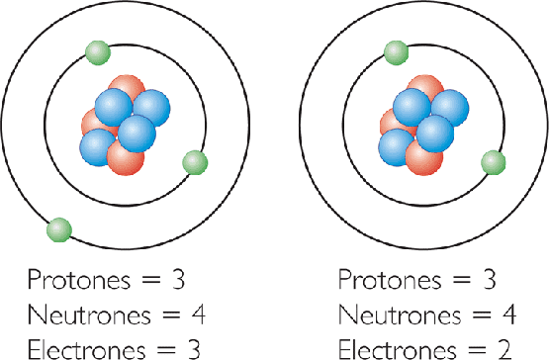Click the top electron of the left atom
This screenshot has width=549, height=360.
click(98, 51)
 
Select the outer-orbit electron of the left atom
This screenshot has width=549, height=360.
click(59, 229)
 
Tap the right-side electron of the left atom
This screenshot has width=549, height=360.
click(194, 162)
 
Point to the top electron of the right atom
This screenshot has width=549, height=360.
click(396, 51)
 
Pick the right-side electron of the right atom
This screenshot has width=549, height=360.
click(492, 162)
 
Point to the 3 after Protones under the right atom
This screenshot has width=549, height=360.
click(486, 278)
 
